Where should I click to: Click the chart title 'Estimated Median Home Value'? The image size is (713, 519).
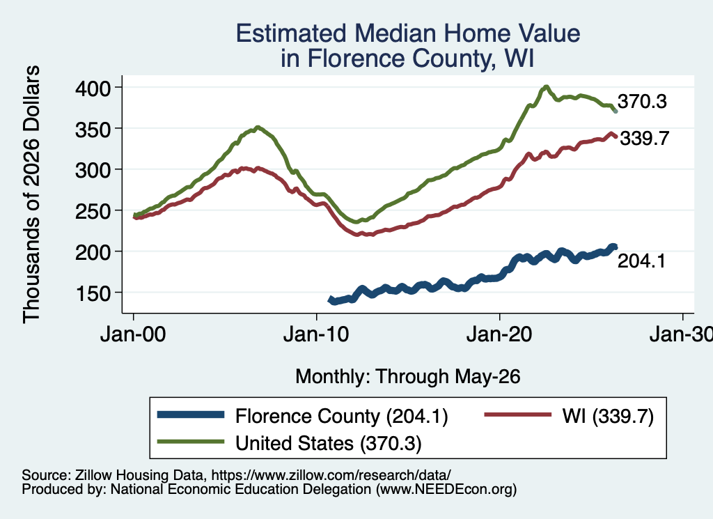tap(408, 33)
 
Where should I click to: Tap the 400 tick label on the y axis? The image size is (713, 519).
tap(93, 88)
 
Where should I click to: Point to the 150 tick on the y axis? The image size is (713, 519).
tap(93, 293)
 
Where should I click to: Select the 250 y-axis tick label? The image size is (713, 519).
tap(93, 211)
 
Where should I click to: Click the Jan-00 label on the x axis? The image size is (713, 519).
tap(133, 335)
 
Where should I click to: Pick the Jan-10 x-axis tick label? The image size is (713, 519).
tap(316, 335)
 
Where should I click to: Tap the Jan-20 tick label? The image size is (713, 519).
tap(499, 335)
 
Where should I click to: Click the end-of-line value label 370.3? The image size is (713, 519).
tap(642, 102)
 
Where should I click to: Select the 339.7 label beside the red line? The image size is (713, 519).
tap(644, 138)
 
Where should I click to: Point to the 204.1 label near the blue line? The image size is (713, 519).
tap(641, 261)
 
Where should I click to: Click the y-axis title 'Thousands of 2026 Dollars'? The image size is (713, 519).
tap(31, 194)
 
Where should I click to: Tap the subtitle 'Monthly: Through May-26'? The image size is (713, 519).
tap(408, 377)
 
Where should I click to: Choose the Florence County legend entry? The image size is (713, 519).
tap(302, 416)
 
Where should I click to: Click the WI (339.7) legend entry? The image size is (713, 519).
tap(569, 416)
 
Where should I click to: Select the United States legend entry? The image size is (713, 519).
tap(289, 443)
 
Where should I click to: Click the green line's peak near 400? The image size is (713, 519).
tap(546, 87)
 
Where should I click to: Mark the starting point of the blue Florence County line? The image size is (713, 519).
tap(331, 300)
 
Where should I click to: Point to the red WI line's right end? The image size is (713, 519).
tap(616, 136)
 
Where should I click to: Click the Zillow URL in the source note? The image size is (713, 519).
tap(331, 475)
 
